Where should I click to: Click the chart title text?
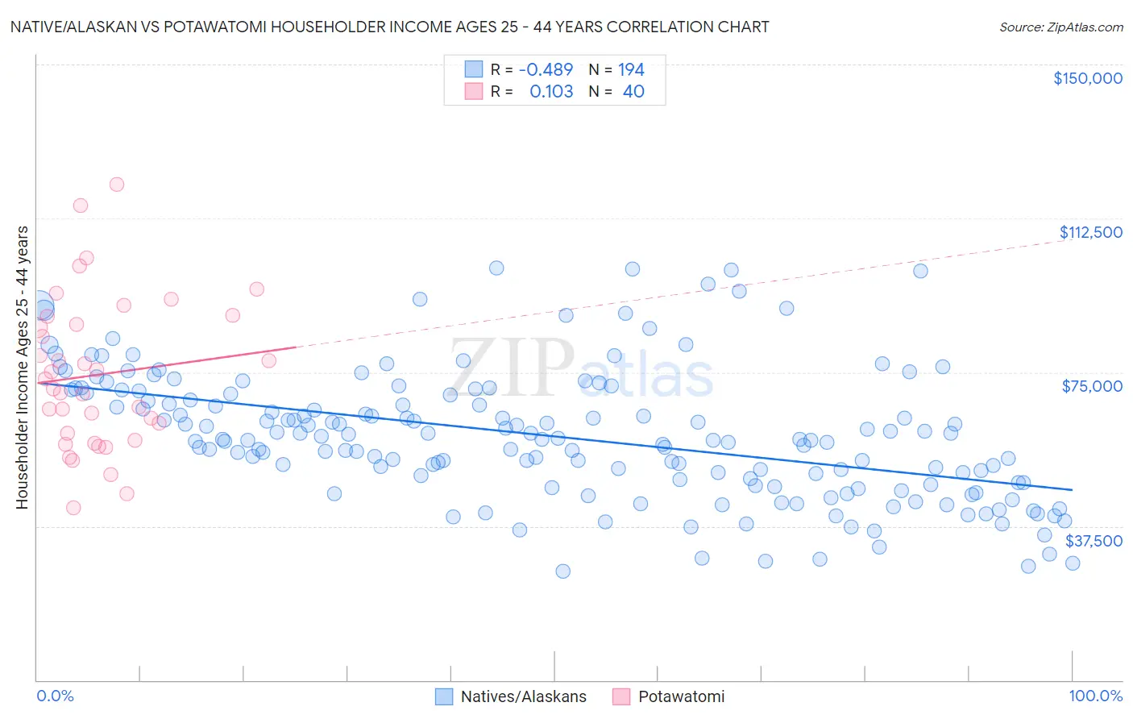tap(389, 27)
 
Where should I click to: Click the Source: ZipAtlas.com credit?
tap(1060, 27)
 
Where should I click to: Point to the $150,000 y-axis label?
tap(1087, 78)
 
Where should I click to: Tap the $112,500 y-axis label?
tap(1090, 232)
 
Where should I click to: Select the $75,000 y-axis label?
tap(1092, 386)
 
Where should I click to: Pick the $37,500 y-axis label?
tap(1094, 541)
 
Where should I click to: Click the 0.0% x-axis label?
tap(55, 696)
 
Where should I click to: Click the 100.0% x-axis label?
tap(1095, 696)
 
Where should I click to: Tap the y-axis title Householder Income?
tap(22, 368)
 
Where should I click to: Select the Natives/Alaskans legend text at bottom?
tap(523, 696)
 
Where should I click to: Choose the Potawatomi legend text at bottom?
tap(681, 696)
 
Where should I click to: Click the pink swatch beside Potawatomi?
tap(621, 696)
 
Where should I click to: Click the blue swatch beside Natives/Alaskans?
tap(444, 696)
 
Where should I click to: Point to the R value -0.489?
tap(546, 69)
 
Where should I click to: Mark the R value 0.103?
tap(551, 91)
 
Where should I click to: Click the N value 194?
tap(631, 69)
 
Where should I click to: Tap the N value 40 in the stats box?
tap(633, 91)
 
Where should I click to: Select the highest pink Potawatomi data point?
tap(116, 185)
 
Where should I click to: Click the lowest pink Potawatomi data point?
tap(73, 508)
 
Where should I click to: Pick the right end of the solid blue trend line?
tap(1072, 489)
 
